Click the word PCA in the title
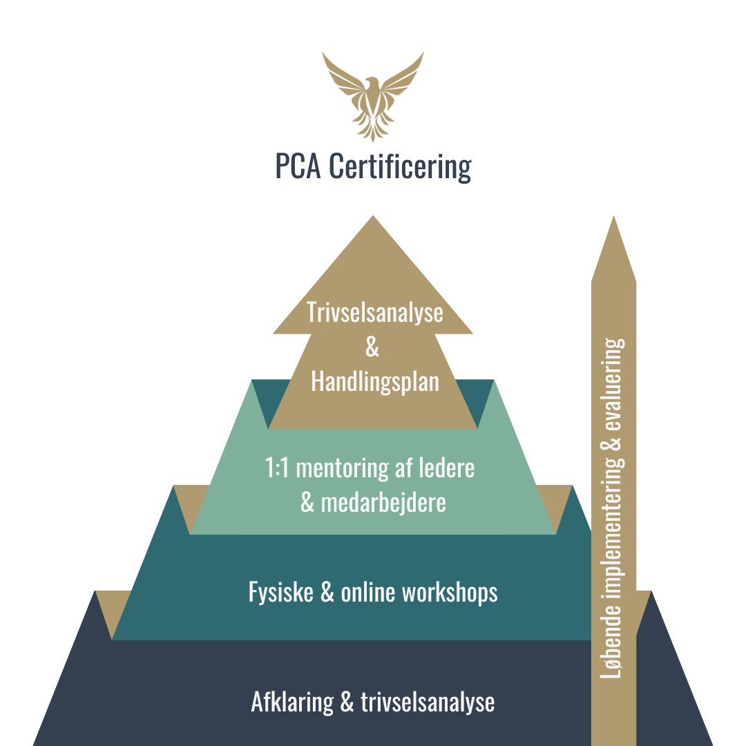(x=298, y=166)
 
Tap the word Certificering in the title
(x=400, y=166)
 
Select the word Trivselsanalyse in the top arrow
(x=374, y=313)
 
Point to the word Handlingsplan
(x=374, y=381)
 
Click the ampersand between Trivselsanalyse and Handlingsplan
(x=372, y=347)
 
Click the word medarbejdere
(x=383, y=503)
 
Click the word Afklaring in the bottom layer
(x=291, y=702)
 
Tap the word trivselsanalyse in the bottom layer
(x=428, y=702)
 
